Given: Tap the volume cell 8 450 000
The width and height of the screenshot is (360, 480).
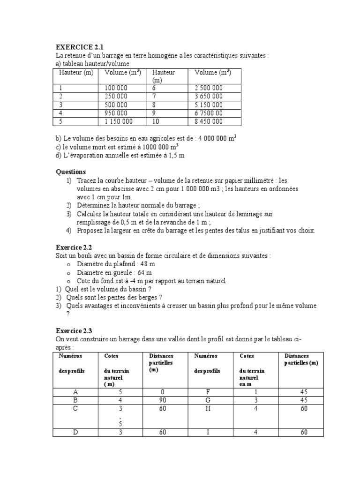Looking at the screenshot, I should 209,121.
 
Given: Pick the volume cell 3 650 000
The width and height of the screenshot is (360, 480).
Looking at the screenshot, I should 209,96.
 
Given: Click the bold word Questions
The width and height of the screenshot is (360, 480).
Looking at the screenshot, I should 71,172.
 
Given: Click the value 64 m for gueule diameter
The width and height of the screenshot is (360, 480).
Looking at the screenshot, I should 142,272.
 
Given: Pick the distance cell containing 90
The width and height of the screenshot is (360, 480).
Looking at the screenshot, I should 163,400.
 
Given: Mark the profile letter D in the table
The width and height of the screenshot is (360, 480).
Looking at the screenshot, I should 75,432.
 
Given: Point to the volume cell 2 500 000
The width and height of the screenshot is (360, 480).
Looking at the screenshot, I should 209,88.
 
